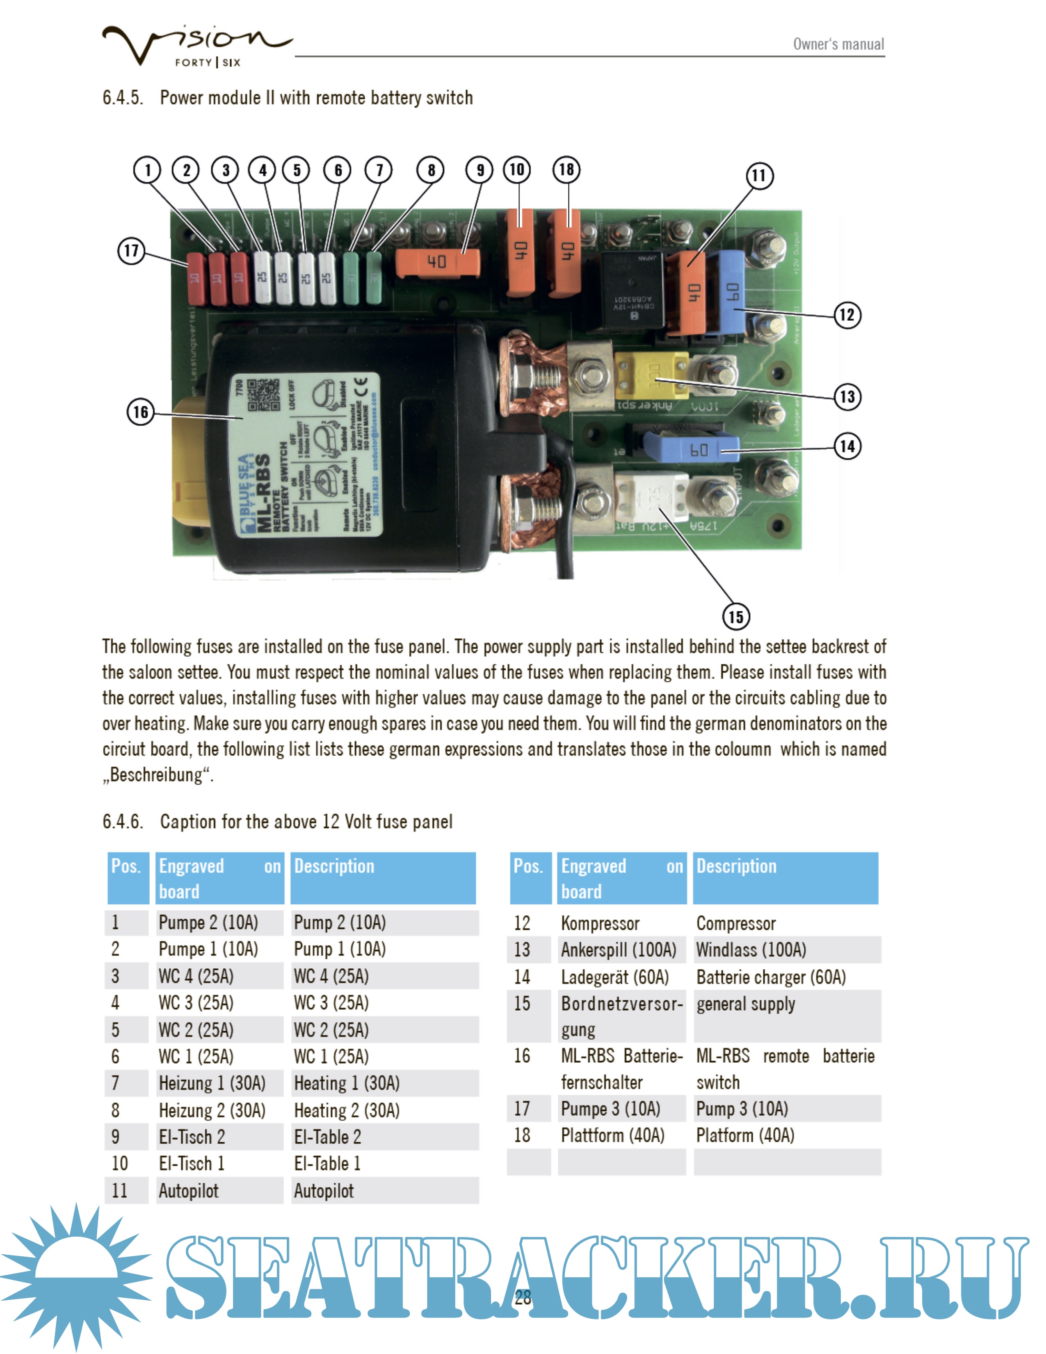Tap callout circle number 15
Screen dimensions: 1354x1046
(x=735, y=616)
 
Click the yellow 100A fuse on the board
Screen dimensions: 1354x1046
(x=651, y=376)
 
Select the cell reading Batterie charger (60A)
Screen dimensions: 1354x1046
(x=770, y=977)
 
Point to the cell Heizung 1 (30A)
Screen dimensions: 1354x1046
(x=212, y=1083)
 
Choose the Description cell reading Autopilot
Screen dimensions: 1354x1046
(x=324, y=1190)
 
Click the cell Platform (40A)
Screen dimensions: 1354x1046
(x=745, y=1135)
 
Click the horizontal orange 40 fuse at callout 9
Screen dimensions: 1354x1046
(x=438, y=262)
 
